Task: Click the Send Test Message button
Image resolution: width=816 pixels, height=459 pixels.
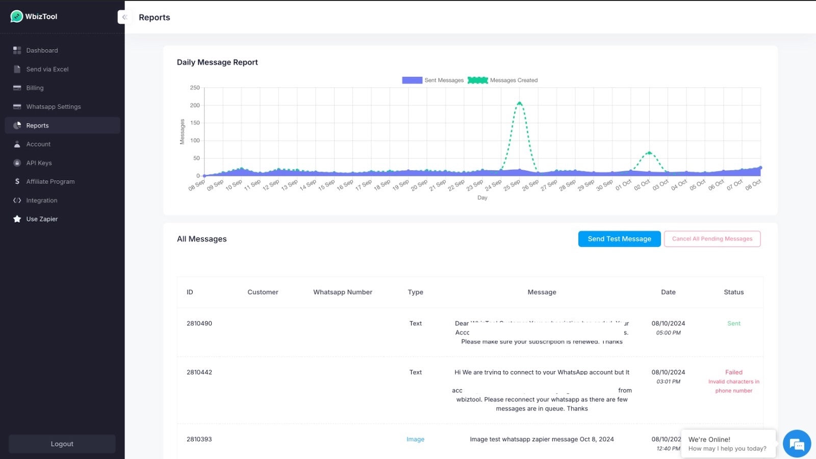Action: (x=619, y=239)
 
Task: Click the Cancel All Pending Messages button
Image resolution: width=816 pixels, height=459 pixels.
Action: (x=712, y=239)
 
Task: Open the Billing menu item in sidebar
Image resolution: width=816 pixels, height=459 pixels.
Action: (x=35, y=88)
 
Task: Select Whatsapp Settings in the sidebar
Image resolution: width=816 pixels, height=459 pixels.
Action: (x=53, y=107)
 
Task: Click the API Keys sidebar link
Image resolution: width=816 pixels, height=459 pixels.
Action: (x=39, y=163)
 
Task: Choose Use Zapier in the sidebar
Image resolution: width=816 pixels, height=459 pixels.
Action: (x=42, y=219)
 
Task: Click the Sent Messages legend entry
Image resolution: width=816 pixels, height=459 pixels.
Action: (x=433, y=80)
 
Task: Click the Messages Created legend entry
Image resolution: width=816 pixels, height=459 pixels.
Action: (x=503, y=80)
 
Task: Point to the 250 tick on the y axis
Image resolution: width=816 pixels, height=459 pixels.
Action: (x=195, y=88)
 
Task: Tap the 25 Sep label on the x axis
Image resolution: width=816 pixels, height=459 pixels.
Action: (x=512, y=185)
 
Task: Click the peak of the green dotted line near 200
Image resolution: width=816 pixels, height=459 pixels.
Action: (x=520, y=104)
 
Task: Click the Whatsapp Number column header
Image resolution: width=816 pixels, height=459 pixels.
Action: (x=342, y=292)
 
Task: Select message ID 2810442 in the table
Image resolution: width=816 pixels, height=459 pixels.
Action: (x=199, y=372)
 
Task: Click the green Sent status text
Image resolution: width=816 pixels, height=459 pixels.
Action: (x=733, y=323)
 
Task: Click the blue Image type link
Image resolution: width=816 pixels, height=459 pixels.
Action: (x=415, y=439)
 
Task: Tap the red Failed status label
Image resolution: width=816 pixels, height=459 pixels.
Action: (x=733, y=372)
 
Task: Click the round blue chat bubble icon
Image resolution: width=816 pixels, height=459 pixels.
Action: (x=797, y=444)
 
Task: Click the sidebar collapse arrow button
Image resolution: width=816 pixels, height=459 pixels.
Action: (x=124, y=17)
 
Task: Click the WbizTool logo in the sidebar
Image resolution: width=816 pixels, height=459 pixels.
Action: (x=34, y=16)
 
